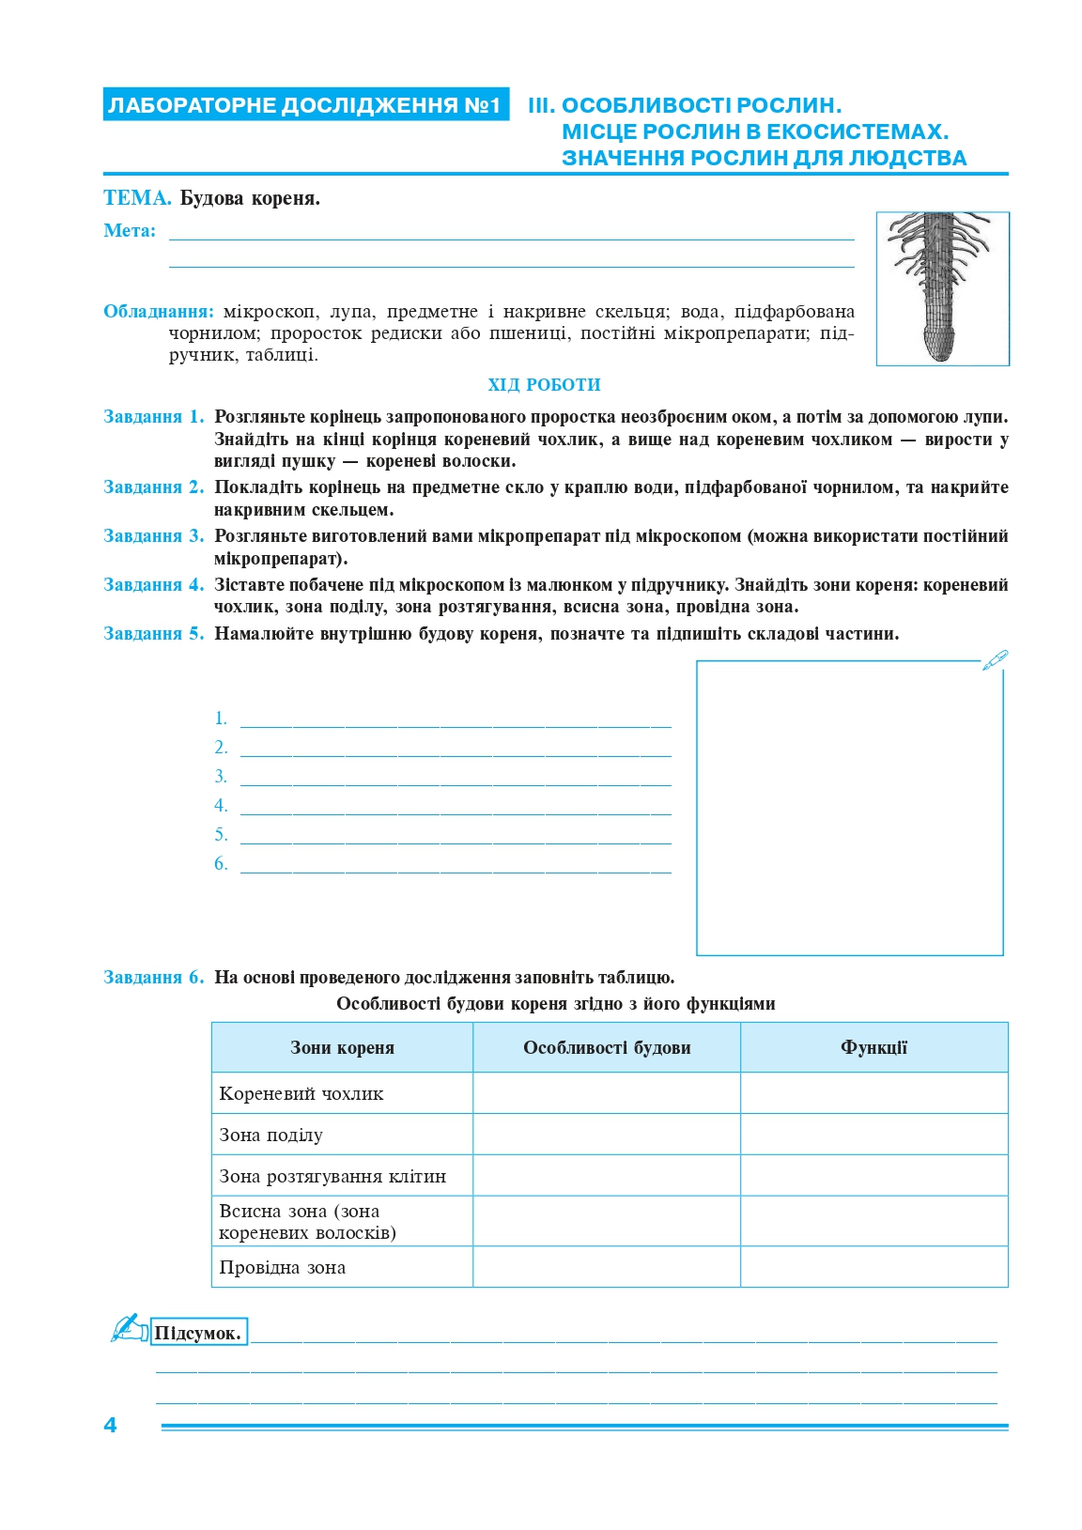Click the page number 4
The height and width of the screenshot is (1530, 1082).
pyautogui.click(x=110, y=1425)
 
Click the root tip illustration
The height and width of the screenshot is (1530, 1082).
pyautogui.click(x=942, y=288)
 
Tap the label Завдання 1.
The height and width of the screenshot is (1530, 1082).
pyautogui.click(x=153, y=417)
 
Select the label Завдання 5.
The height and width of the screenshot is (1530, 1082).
pyautogui.click(x=153, y=634)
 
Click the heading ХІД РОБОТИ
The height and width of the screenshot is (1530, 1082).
pyautogui.click(x=544, y=385)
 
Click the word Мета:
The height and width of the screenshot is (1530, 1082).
pyautogui.click(x=130, y=231)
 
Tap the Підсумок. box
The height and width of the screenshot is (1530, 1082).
pyautogui.click(x=198, y=1332)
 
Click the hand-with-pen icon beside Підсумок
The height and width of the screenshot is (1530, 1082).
pyautogui.click(x=129, y=1328)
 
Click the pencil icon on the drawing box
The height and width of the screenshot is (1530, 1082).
pyautogui.click(x=995, y=659)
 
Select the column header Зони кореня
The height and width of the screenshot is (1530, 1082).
pyautogui.click(x=342, y=1048)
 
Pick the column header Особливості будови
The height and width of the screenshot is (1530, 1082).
pyautogui.click(x=607, y=1048)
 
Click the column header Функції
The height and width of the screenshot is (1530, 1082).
pyautogui.click(x=873, y=1048)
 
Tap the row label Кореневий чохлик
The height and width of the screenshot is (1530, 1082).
pyautogui.click(x=301, y=1094)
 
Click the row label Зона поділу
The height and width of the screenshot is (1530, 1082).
pyautogui.click(x=271, y=1136)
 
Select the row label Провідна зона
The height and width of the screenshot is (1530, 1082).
pyautogui.click(x=283, y=1268)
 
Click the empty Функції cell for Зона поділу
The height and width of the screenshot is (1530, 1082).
pyautogui.click(x=873, y=1135)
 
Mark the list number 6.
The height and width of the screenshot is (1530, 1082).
pyautogui.click(x=221, y=864)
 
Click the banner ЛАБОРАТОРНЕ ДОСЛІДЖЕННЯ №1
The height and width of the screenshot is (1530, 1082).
pyautogui.click(x=305, y=105)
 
